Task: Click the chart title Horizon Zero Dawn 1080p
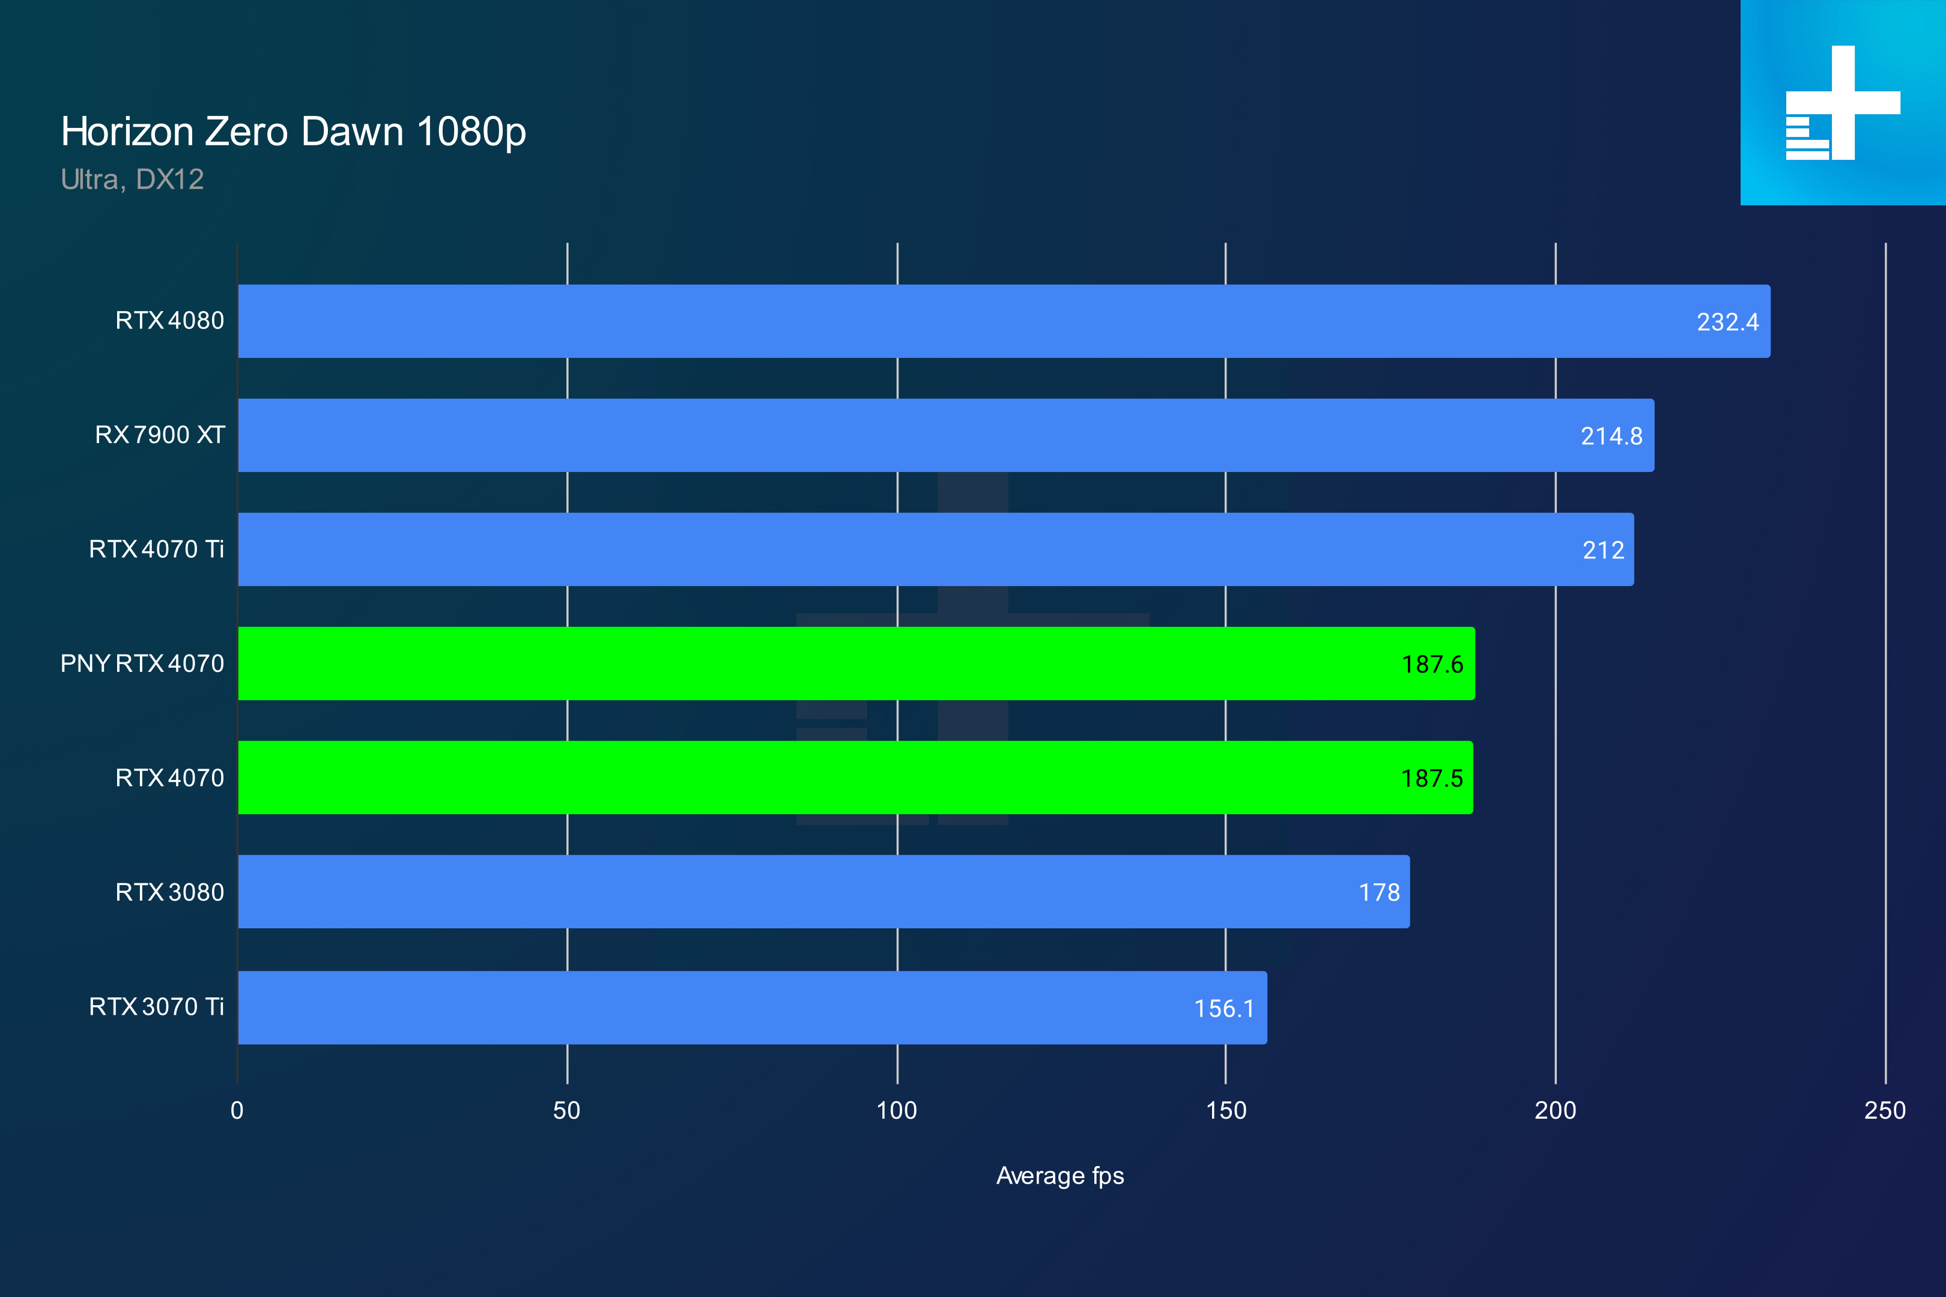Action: point(293,132)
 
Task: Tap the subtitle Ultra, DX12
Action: point(132,180)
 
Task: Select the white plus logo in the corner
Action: point(1843,103)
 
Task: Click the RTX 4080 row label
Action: point(169,321)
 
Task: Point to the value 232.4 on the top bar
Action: point(1727,322)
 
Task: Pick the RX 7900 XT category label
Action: point(160,435)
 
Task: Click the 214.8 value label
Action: point(1611,436)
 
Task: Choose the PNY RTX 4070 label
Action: point(142,664)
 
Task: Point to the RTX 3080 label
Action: point(169,892)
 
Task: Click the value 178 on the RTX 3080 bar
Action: point(1378,892)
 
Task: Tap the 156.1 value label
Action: point(1223,1008)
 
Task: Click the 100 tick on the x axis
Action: point(897,1110)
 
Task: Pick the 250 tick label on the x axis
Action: point(1885,1110)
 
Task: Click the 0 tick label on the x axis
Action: point(237,1110)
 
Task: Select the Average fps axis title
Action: point(1060,1176)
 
